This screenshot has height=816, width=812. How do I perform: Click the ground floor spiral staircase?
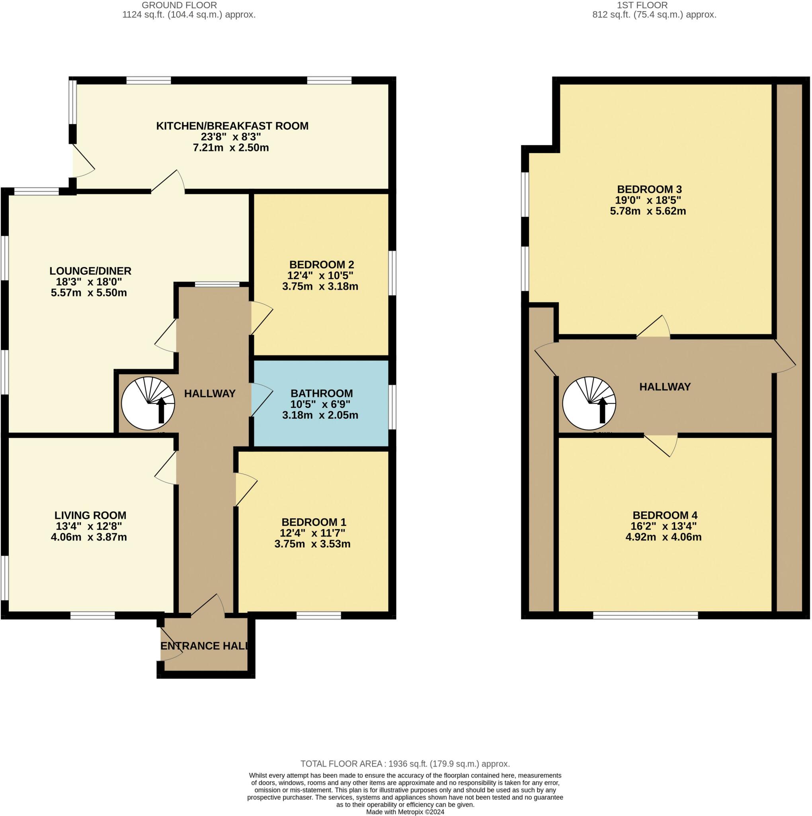pyautogui.click(x=148, y=403)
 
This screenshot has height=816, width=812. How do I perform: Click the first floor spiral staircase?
pyautogui.click(x=589, y=403)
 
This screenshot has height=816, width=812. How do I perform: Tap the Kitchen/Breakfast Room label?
pyautogui.click(x=232, y=126)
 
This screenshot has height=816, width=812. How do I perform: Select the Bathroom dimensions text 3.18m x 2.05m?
pyautogui.click(x=320, y=415)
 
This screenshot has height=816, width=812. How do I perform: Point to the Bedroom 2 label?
pyautogui.click(x=321, y=265)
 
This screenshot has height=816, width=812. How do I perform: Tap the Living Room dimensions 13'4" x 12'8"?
pyautogui.click(x=89, y=526)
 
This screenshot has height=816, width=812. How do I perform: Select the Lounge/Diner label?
pyautogui.click(x=90, y=271)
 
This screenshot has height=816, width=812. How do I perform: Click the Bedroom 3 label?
pyautogui.click(x=649, y=189)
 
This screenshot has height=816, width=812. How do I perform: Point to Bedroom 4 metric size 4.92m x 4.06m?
pyautogui.click(x=663, y=537)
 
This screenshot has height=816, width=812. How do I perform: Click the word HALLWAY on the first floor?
pyautogui.click(x=664, y=386)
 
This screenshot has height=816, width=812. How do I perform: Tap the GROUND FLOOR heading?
pyautogui.click(x=179, y=6)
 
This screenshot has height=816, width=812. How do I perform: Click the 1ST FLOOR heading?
pyautogui.click(x=654, y=6)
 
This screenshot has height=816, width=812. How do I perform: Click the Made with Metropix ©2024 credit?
pyautogui.click(x=405, y=812)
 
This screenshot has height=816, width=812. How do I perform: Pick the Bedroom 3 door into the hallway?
pyautogui.click(x=653, y=328)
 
